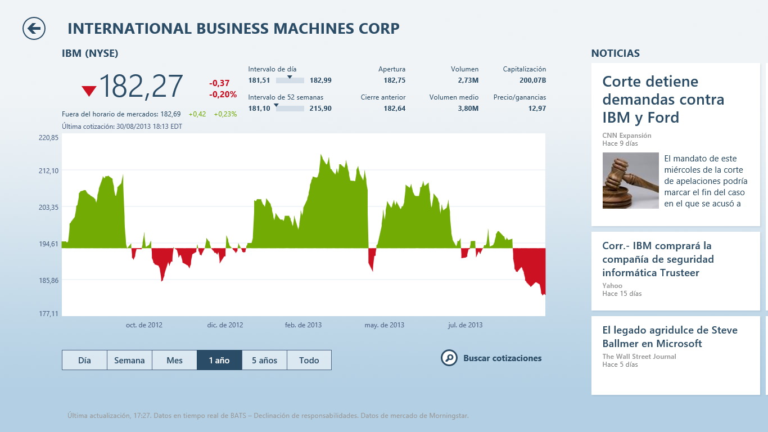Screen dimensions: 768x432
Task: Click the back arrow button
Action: tap(34, 29)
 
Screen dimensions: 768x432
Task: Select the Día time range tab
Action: tap(84, 360)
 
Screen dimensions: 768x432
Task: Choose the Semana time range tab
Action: tap(129, 360)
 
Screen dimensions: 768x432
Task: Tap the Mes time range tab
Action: tap(174, 360)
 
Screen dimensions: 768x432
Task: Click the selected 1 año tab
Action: tap(219, 360)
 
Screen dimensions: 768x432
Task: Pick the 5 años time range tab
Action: tap(264, 360)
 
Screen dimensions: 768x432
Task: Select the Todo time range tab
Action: tap(309, 360)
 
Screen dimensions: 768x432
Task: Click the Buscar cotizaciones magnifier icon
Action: tap(449, 358)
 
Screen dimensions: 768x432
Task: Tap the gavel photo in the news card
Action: tap(630, 181)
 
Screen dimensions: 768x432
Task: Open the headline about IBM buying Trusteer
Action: tap(658, 259)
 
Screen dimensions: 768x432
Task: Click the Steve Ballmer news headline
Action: tap(670, 336)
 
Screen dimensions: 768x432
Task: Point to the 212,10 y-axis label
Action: tap(48, 170)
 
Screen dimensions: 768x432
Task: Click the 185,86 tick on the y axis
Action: tap(48, 280)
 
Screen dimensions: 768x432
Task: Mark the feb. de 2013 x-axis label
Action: tap(303, 325)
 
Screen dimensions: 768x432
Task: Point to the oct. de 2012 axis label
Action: tap(144, 325)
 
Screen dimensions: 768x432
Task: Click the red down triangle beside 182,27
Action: tap(89, 91)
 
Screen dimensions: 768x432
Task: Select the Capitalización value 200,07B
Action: tap(532, 80)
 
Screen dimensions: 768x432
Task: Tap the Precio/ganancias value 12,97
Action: tap(537, 109)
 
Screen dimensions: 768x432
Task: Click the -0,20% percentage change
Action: tap(223, 94)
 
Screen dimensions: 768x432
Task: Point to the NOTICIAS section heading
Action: tap(616, 53)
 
